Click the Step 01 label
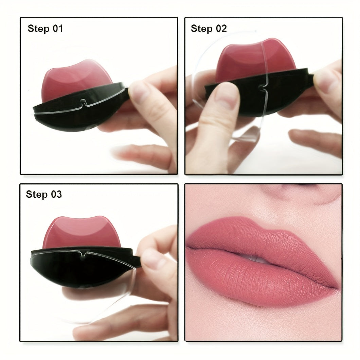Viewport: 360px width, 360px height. click(x=45, y=29)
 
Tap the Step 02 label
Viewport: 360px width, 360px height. click(x=209, y=29)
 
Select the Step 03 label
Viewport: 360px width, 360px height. click(x=44, y=194)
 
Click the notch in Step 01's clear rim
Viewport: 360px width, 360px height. click(x=82, y=101)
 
